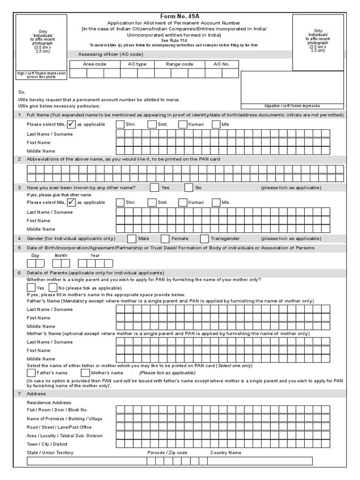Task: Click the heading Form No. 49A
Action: click(x=180, y=16)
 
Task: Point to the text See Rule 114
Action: click(x=180, y=40)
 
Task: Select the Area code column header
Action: click(x=95, y=64)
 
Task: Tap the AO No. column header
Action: click(x=222, y=64)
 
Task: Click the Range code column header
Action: click(x=180, y=64)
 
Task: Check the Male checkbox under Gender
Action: click(x=132, y=239)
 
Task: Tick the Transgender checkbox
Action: click(x=204, y=239)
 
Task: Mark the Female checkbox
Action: click(x=165, y=239)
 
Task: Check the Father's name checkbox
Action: click(x=31, y=373)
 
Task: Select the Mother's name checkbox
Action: click(x=85, y=373)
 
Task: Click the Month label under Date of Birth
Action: click(x=61, y=255)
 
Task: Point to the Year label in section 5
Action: click(x=95, y=255)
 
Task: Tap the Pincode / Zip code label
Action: click(x=167, y=453)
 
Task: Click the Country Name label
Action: click(x=225, y=453)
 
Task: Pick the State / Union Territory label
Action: click(x=50, y=453)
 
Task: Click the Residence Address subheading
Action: click(x=49, y=403)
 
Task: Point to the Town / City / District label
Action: click(x=47, y=444)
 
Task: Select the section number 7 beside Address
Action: click(x=19, y=394)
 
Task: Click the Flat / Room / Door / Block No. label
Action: click(x=57, y=410)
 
